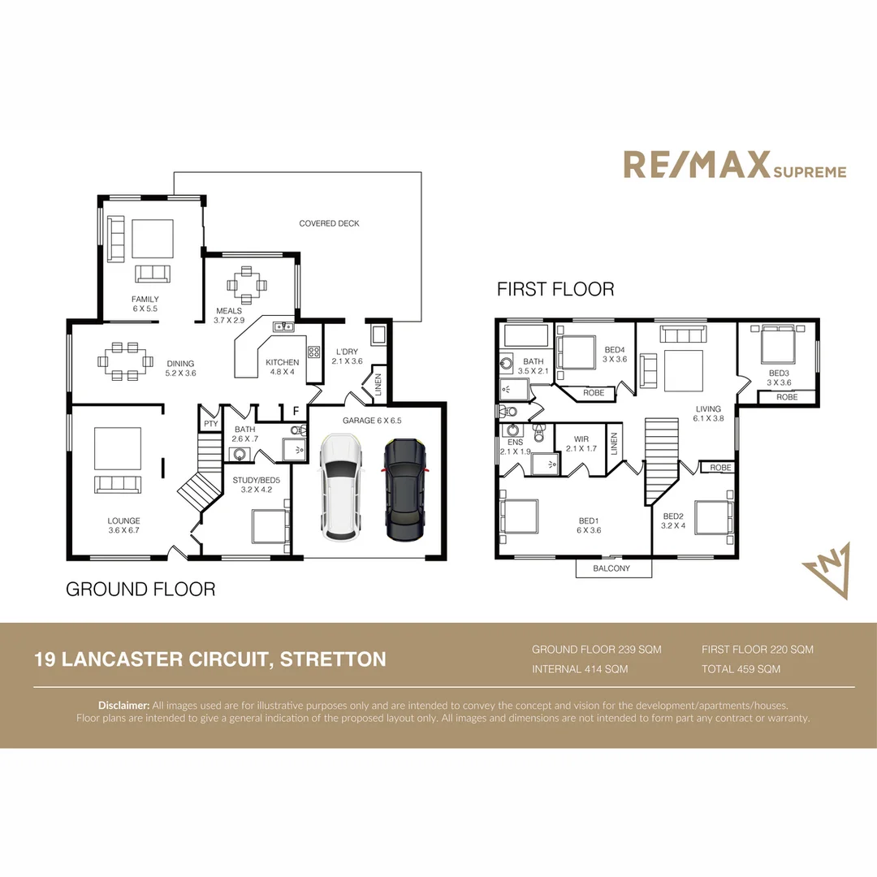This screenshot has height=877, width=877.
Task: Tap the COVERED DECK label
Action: (x=329, y=223)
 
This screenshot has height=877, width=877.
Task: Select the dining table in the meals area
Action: (x=246, y=284)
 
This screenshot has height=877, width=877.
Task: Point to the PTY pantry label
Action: (x=210, y=424)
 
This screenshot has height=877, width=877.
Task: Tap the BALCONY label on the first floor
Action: (x=613, y=568)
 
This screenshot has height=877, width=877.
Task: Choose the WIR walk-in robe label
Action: (x=581, y=438)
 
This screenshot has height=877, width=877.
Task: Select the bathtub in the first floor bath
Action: (x=525, y=335)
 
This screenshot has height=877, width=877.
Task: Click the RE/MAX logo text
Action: (x=696, y=165)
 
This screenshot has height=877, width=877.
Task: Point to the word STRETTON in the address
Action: (x=333, y=659)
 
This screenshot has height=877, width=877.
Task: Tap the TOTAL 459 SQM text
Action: (x=741, y=669)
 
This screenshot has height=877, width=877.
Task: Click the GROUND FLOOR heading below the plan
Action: (x=140, y=589)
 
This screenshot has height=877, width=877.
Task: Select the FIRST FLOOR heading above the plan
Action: (x=555, y=289)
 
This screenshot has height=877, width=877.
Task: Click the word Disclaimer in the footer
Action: (x=123, y=706)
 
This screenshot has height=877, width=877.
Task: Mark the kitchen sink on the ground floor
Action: (x=283, y=326)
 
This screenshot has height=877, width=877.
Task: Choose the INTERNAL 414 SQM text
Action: (x=580, y=669)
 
